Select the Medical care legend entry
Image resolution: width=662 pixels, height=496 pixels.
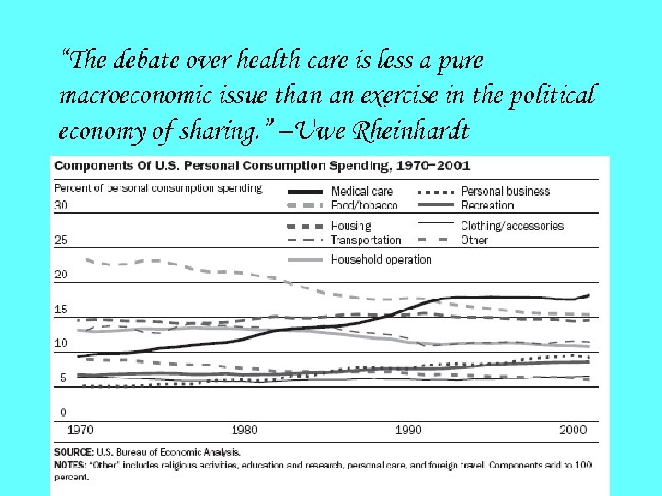pyautogui.click(x=361, y=191)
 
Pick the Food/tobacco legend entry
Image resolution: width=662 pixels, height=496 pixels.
pyautogui.click(x=364, y=205)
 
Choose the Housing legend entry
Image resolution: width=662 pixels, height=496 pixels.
pyautogui.click(x=350, y=225)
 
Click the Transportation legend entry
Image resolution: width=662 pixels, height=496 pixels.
pyautogui.click(x=366, y=240)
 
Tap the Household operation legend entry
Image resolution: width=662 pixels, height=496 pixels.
pyautogui.click(x=381, y=260)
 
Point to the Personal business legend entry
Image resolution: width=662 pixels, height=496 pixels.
pyautogui.click(x=505, y=191)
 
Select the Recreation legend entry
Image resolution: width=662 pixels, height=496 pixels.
pyautogui.click(x=487, y=205)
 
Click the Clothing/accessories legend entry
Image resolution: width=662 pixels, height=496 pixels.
pyautogui.click(x=512, y=225)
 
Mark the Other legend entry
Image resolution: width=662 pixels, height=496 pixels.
pyautogui.click(x=474, y=240)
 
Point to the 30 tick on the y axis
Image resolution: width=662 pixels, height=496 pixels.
pyautogui.click(x=62, y=205)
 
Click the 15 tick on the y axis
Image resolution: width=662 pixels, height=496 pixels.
pyautogui.click(x=61, y=310)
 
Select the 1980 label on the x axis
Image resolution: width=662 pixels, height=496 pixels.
pyautogui.click(x=245, y=429)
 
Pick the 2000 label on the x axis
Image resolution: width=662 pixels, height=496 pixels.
pyautogui.click(x=573, y=429)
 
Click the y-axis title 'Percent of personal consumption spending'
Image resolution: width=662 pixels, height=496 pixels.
pyautogui.click(x=158, y=188)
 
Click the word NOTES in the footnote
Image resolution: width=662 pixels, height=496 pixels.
pyautogui.click(x=71, y=466)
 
